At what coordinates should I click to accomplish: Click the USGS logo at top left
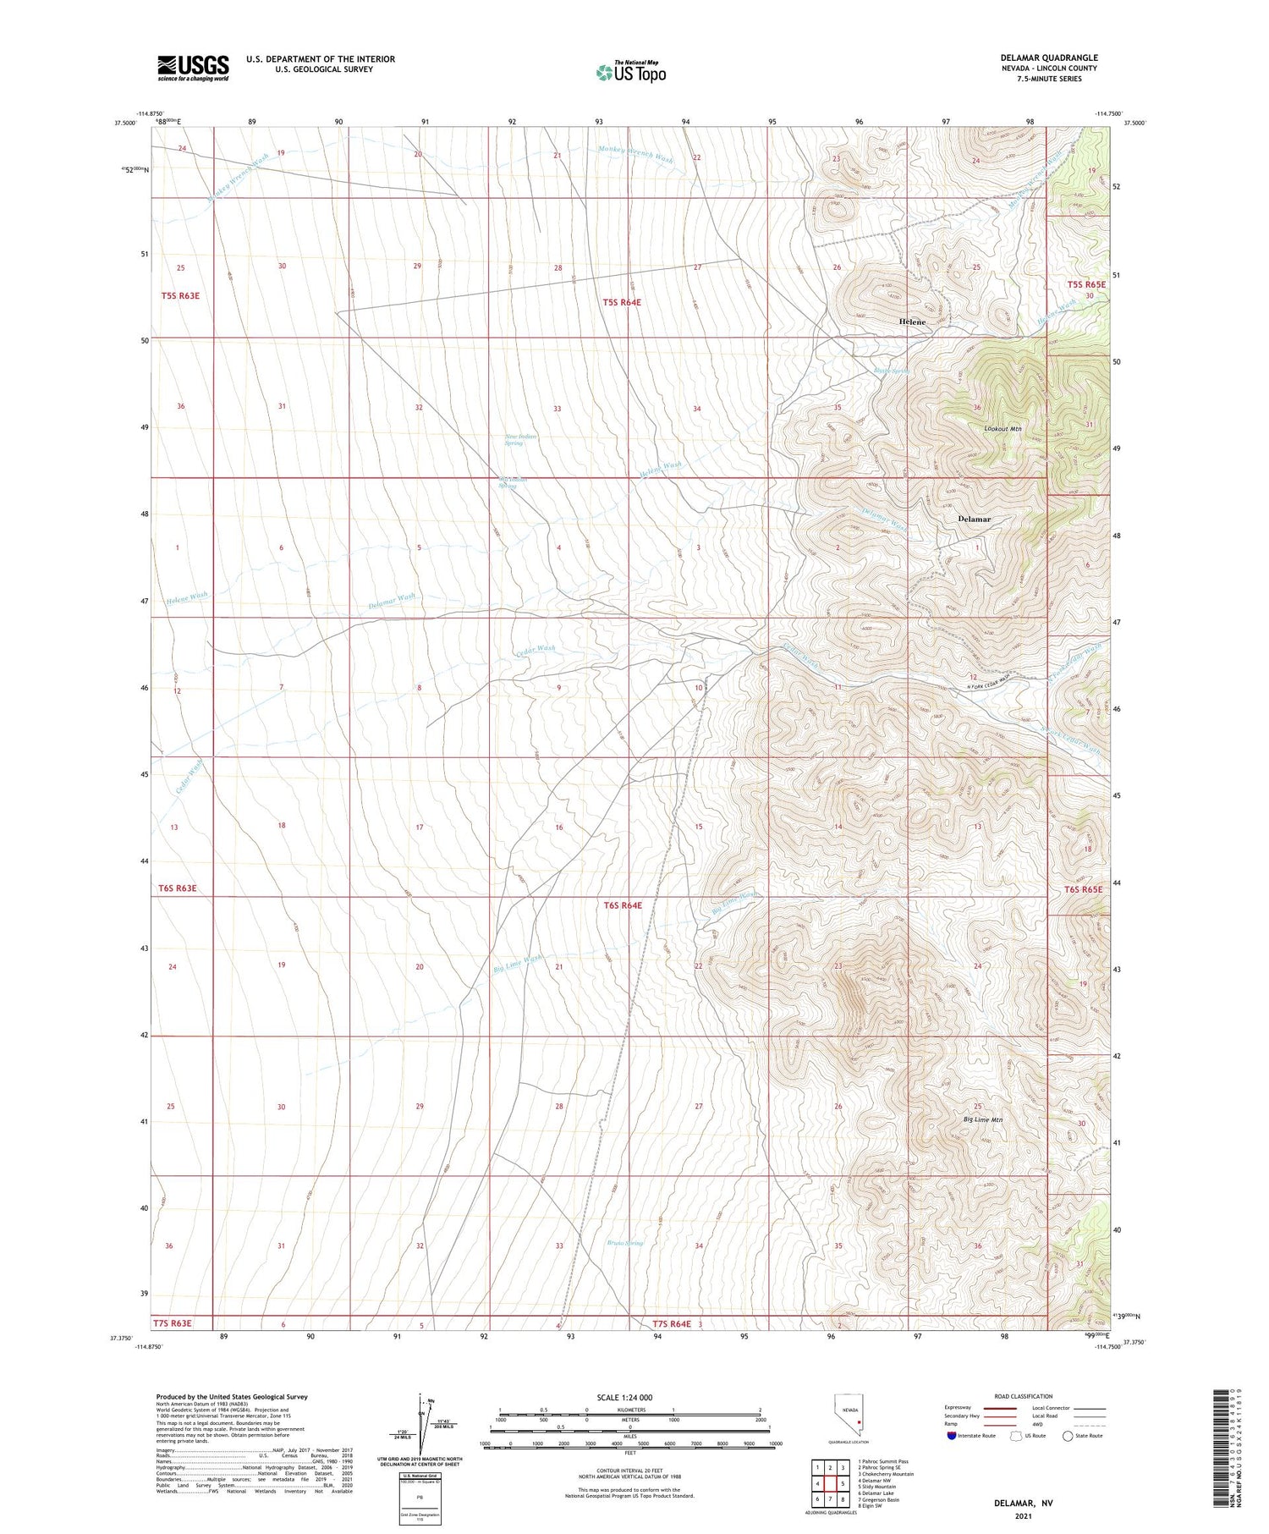coord(193,68)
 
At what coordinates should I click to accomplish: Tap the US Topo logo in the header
coord(630,73)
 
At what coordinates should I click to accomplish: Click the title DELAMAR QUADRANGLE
coord(1048,58)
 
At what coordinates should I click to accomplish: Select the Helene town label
coord(912,322)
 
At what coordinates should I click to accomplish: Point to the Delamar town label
coord(974,519)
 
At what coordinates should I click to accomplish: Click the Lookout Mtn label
coord(1003,429)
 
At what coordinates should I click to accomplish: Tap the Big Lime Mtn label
coord(982,1119)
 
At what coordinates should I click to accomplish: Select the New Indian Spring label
coord(520,440)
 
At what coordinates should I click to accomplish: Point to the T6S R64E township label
coord(622,905)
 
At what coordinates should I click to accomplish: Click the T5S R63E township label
coord(179,295)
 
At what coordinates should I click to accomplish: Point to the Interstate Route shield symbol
coord(952,1436)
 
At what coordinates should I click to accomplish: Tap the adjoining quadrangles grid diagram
coord(829,1477)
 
